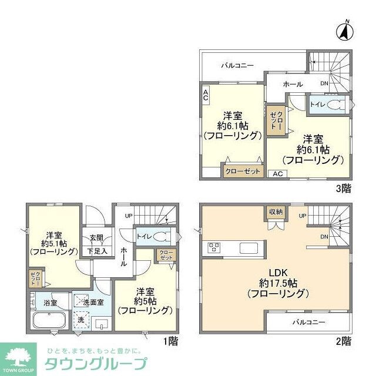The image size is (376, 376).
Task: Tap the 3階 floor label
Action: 343,189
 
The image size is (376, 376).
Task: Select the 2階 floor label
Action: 343,340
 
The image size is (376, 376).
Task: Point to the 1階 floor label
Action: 170,340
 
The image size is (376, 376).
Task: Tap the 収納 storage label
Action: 276,211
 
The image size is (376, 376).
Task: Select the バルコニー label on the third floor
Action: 238,65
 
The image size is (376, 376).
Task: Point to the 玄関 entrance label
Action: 96,237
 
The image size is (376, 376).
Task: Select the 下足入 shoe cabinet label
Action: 97,251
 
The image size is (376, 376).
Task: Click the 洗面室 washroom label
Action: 94,302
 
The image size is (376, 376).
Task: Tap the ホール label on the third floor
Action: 293,85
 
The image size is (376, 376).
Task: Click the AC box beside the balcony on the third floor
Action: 206,95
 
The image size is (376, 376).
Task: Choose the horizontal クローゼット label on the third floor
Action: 242,171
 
